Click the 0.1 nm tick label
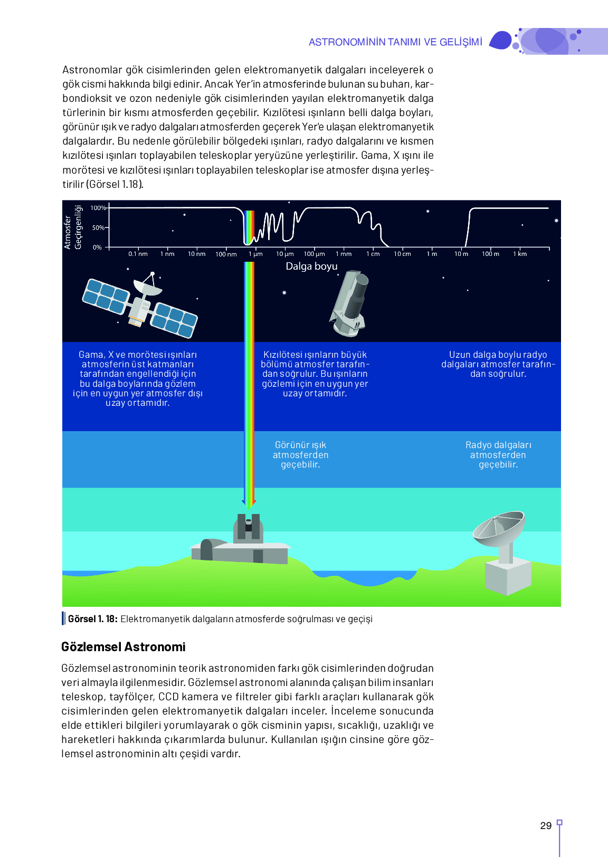click(x=138, y=254)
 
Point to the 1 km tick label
click(x=520, y=254)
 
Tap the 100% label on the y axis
click(x=98, y=208)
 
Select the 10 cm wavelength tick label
click(x=402, y=254)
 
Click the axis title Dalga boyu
click(x=311, y=266)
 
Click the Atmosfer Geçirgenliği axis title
click(x=73, y=227)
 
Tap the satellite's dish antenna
click(x=148, y=285)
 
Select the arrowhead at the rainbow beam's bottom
click(x=249, y=503)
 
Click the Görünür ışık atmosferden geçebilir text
click(x=300, y=455)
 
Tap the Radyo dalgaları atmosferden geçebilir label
click(x=498, y=455)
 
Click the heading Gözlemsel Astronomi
click(x=123, y=647)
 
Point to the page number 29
click(x=546, y=826)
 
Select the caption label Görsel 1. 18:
click(x=93, y=619)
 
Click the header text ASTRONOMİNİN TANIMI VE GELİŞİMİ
click(x=395, y=42)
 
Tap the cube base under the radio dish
click(x=507, y=577)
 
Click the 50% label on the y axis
click(x=98, y=228)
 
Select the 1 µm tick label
click(x=255, y=254)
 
